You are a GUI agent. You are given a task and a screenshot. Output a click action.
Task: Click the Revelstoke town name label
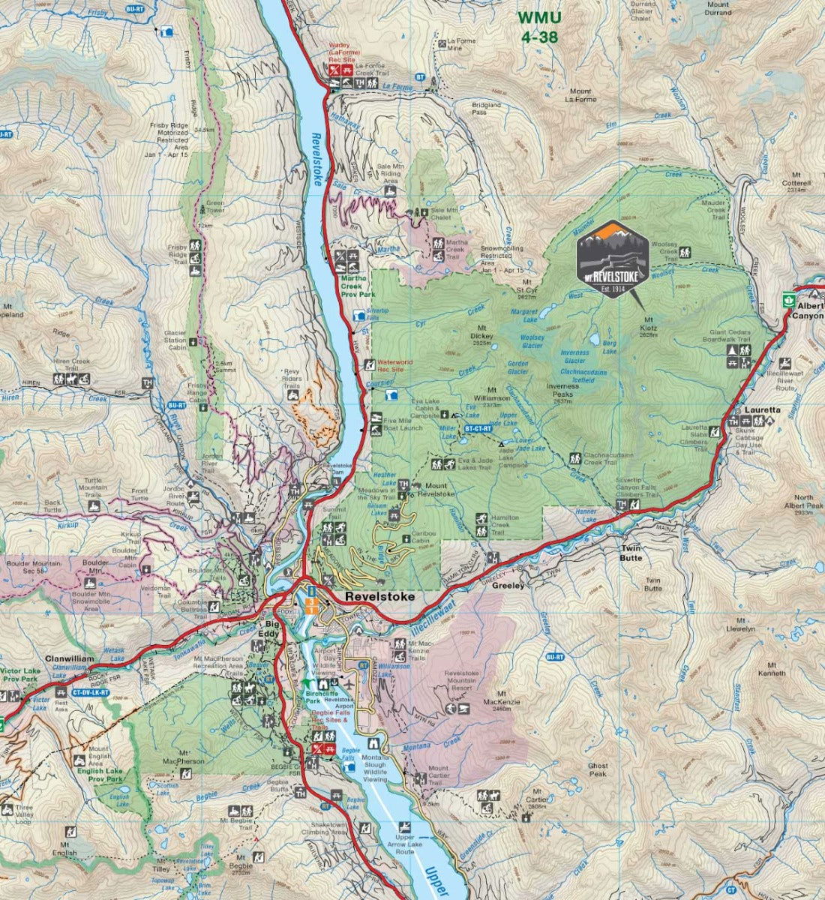tap(379, 597)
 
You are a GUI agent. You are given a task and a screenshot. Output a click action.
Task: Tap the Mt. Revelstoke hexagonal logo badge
tap(612, 259)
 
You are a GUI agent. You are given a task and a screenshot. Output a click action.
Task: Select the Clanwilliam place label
tap(69, 658)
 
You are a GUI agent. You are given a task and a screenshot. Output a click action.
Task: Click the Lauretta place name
tap(762, 410)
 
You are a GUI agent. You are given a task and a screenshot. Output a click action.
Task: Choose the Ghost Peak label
tap(598, 770)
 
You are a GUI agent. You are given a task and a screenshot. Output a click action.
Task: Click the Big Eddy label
tap(271, 628)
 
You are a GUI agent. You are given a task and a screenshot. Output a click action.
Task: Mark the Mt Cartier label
tap(537, 795)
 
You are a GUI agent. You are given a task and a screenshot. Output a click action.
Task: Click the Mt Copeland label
tap(10, 311)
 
